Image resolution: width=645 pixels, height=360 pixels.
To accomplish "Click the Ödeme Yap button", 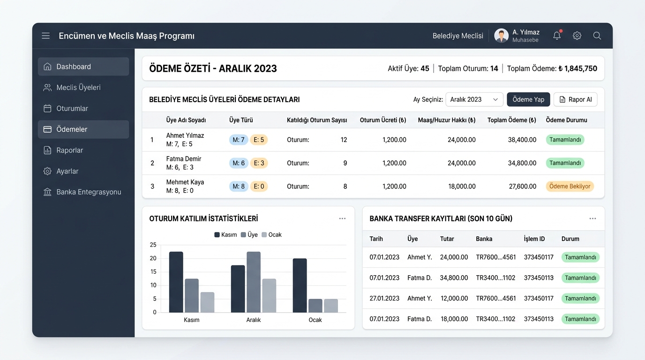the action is pyautogui.click(x=528, y=99).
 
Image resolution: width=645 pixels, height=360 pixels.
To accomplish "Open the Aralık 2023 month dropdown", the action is pyautogui.click(x=474, y=99).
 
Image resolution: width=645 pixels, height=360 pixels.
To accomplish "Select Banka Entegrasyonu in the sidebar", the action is pyautogui.click(x=83, y=192).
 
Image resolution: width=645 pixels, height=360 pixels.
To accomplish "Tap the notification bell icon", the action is pyautogui.click(x=557, y=36).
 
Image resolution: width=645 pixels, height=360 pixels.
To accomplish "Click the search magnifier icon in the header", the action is pyautogui.click(x=597, y=36).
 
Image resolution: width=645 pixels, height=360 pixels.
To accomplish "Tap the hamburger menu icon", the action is pyautogui.click(x=45, y=36).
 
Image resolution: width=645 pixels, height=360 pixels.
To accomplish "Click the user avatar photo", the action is pyautogui.click(x=501, y=36).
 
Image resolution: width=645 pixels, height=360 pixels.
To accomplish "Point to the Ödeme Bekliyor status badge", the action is pyautogui.click(x=570, y=187).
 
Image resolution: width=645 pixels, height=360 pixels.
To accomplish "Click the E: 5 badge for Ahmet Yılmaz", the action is pyautogui.click(x=259, y=140).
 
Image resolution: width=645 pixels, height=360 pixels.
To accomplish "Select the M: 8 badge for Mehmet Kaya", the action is pyautogui.click(x=239, y=187).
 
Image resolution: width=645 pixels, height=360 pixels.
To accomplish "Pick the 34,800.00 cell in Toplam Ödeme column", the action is pyautogui.click(x=522, y=163).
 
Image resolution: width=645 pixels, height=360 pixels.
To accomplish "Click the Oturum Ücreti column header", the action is pyautogui.click(x=383, y=120).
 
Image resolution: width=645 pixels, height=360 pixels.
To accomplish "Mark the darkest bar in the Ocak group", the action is pyautogui.click(x=300, y=285).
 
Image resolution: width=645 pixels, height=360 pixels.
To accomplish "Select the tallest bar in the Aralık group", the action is pyautogui.click(x=254, y=282).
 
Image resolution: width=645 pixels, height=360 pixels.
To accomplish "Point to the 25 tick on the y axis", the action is pyautogui.click(x=153, y=245).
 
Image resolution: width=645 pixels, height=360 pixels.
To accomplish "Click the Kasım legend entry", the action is pyautogui.click(x=226, y=235).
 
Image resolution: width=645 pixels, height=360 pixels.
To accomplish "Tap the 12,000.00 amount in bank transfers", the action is pyautogui.click(x=454, y=299).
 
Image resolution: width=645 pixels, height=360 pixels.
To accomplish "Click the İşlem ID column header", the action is pyautogui.click(x=534, y=239).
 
